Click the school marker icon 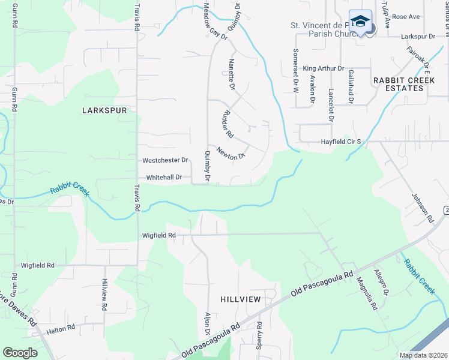(x=360, y=22)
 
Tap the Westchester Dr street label (x=166, y=161)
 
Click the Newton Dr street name (x=232, y=154)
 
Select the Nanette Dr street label (x=232, y=74)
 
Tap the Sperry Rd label (x=259, y=335)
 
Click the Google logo (x=20, y=353)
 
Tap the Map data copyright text (x=423, y=355)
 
